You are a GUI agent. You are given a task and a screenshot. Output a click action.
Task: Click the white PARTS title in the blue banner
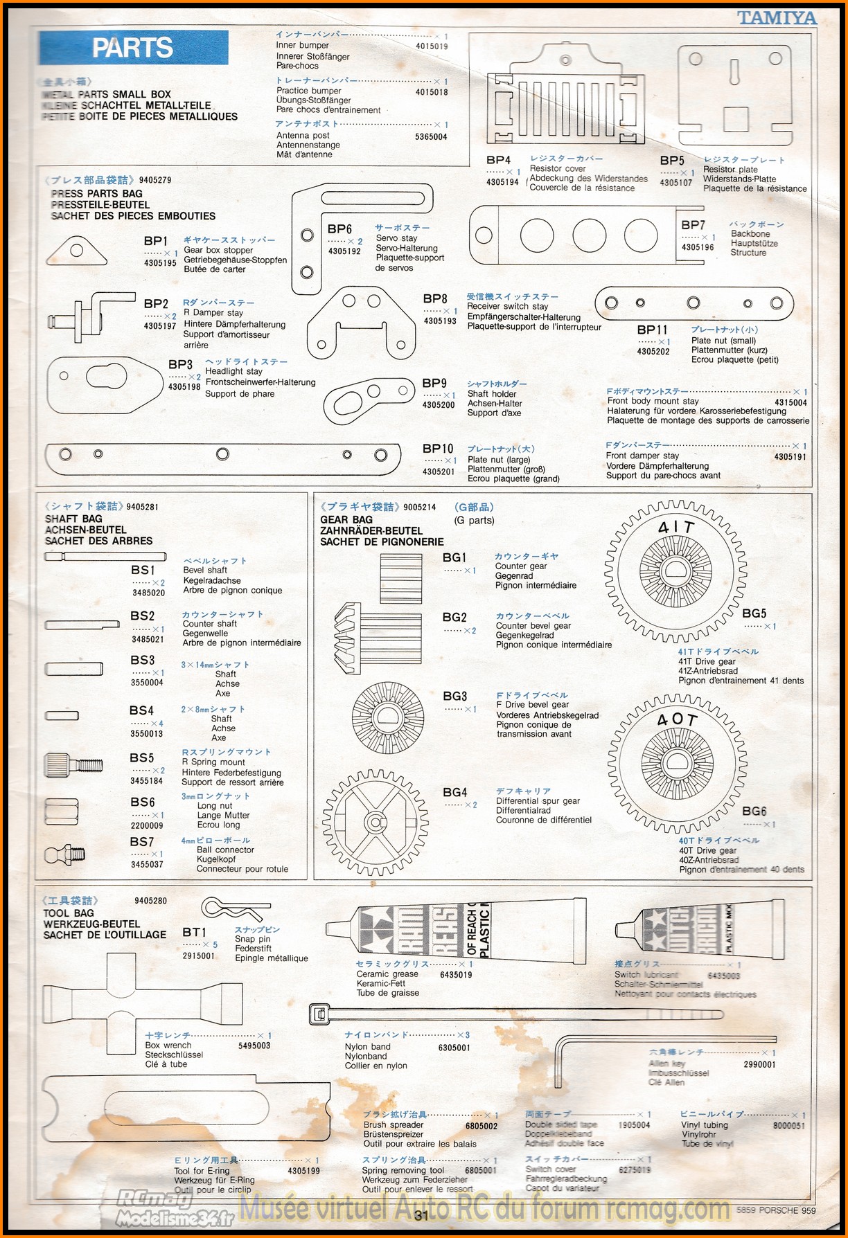click(132, 48)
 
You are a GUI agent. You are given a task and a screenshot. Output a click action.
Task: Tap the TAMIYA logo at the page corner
click(777, 18)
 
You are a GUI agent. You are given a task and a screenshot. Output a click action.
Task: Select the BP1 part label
click(156, 241)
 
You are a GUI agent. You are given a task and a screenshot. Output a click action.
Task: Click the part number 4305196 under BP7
click(698, 247)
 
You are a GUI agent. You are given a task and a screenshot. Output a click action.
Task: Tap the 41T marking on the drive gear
click(676, 528)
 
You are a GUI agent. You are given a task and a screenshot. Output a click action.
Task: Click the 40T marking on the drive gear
click(677, 720)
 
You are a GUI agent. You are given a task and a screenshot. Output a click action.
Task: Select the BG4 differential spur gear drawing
click(375, 822)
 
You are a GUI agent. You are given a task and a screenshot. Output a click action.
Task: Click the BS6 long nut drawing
click(62, 811)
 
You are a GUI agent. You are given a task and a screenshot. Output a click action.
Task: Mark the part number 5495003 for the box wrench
click(254, 1046)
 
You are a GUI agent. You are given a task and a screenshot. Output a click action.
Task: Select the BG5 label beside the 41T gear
click(754, 613)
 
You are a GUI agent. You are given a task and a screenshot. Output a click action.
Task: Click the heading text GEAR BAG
click(346, 519)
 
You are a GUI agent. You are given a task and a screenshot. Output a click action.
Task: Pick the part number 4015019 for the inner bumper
click(432, 46)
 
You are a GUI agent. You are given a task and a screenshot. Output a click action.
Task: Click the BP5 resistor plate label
click(672, 161)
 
